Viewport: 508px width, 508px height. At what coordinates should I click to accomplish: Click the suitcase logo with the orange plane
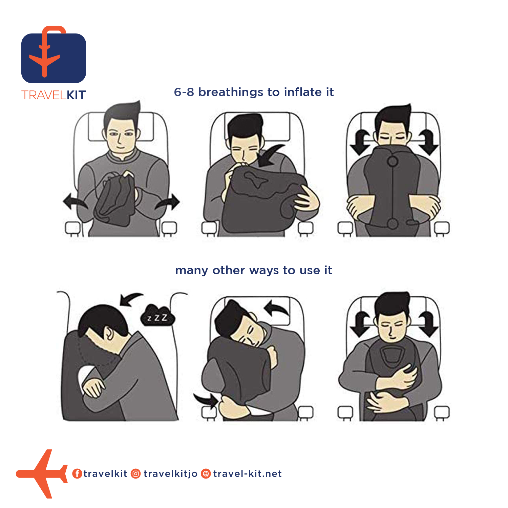54,55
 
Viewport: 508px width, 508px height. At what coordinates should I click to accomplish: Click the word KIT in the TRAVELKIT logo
76,95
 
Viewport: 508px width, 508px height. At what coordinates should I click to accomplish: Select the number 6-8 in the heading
184,92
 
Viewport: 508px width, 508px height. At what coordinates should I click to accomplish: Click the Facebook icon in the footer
77,473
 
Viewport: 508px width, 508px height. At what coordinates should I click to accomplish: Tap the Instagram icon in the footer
136,473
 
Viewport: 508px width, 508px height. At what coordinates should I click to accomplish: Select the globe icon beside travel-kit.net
206,473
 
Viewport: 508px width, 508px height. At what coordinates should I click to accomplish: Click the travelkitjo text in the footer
170,473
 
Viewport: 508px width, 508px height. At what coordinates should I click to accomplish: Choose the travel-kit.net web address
247,473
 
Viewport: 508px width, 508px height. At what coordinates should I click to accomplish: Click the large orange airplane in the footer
42,473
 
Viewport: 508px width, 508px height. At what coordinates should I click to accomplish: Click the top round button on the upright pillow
393,162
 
